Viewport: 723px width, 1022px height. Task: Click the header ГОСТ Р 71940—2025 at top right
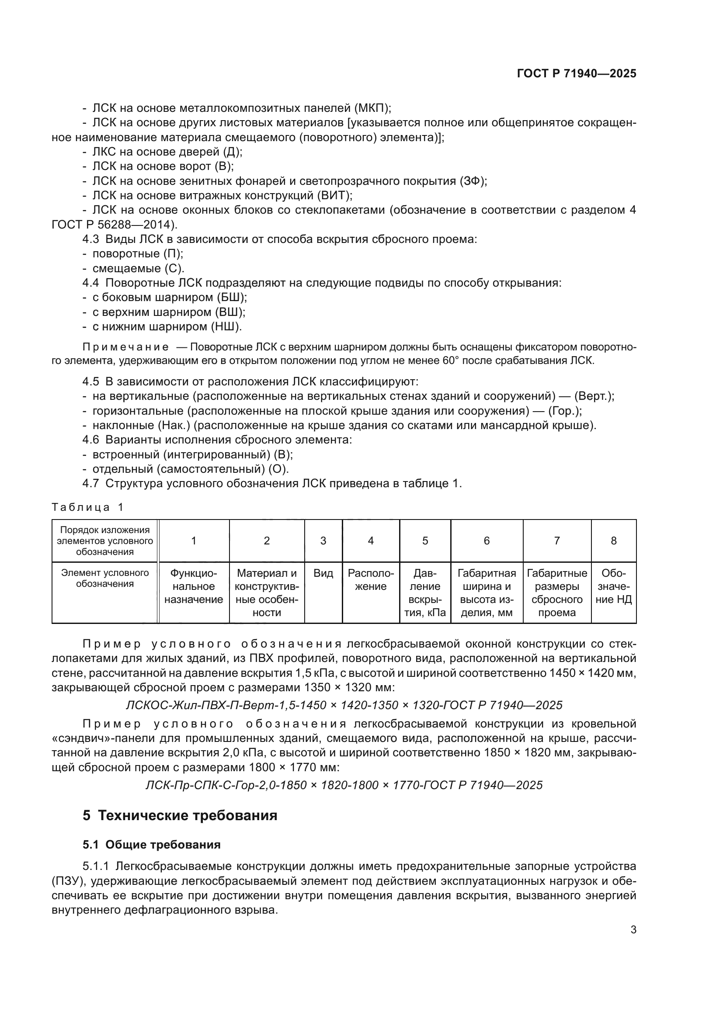point(577,73)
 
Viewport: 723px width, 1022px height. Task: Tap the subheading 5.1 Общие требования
point(151,845)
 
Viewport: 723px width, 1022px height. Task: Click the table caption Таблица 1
point(87,507)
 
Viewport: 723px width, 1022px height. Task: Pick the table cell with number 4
point(370,540)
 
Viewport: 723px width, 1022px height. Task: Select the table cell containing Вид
point(323,573)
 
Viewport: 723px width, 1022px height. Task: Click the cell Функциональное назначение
point(194,586)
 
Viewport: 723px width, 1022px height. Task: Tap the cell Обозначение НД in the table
point(613,586)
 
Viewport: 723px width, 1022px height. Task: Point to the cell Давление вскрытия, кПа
point(425,592)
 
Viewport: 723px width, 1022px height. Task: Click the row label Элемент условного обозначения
point(104,578)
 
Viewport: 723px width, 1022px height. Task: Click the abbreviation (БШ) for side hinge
point(232,298)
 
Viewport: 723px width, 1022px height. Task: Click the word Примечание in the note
point(125,347)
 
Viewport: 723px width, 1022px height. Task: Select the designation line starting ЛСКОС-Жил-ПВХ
point(344,705)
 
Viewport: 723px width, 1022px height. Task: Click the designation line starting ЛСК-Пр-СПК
point(344,785)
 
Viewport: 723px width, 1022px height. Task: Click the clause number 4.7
point(90,483)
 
